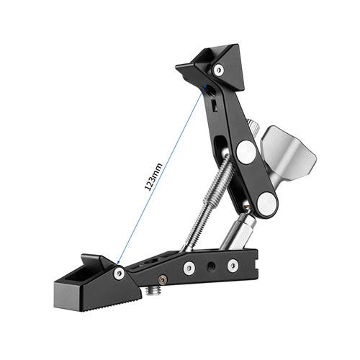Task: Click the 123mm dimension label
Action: click(x=153, y=176)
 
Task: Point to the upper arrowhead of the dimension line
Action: click(x=204, y=86)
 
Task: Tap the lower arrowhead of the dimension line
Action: click(x=118, y=262)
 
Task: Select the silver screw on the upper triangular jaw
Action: click(x=218, y=70)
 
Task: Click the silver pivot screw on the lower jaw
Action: click(x=120, y=274)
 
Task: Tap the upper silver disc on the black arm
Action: click(x=246, y=152)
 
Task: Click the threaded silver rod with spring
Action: click(x=208, y=202)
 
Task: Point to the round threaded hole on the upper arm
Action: click(x=211, y=90)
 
